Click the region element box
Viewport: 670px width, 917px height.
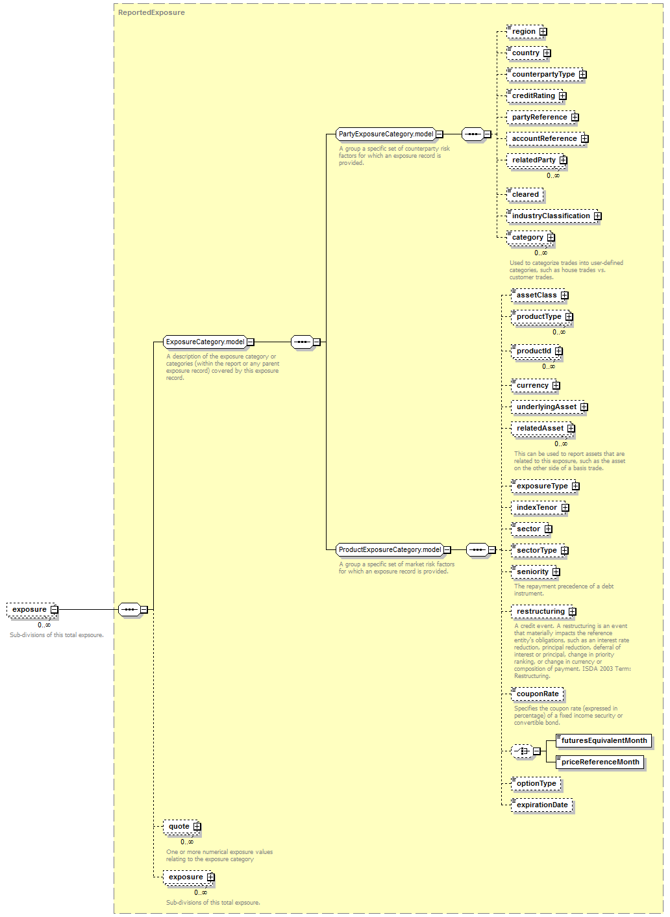525,32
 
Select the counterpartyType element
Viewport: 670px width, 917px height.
545,75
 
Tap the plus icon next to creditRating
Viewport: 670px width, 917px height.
563,96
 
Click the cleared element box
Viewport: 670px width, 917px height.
525,194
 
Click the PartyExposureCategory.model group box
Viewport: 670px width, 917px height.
386,134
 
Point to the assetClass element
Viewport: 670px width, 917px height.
538,295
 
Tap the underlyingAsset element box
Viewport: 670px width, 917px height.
548,407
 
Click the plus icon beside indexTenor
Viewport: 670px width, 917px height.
565,508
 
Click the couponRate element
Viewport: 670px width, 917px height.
538,694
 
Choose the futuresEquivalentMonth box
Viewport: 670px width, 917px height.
604,740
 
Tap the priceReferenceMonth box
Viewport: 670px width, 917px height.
600,762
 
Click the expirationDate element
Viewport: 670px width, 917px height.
542,805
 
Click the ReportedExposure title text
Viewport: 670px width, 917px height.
151,13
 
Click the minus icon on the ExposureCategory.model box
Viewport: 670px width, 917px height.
251,342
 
